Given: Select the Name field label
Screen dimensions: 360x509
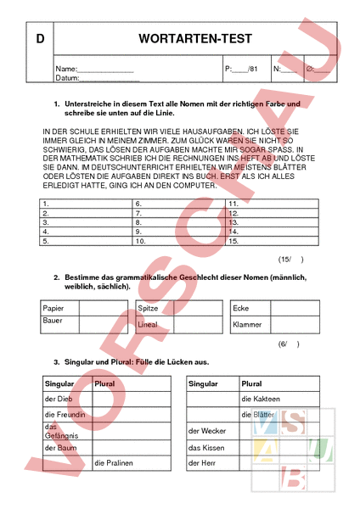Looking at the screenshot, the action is click(65, 68).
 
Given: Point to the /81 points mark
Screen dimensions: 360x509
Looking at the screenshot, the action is click(252, 68).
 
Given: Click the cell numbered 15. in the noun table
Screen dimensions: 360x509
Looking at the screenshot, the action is click(235, 241).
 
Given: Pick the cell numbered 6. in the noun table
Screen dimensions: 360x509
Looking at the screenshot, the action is click(138, 204).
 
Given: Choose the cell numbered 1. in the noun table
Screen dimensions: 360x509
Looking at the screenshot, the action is click(46, 204).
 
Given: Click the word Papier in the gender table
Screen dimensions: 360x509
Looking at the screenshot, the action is click(53, 308).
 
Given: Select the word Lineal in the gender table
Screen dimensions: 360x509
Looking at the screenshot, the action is click(148, 324).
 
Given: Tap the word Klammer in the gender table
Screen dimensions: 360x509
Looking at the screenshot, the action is click(247, 324).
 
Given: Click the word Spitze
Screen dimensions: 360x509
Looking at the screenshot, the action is click(148, 308).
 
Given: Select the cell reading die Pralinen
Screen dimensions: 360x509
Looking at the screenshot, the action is click(114, 462).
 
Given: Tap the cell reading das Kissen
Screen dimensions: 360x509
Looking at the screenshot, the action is click(206, 447).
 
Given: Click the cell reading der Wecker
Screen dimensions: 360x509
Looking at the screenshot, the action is click(206, 431).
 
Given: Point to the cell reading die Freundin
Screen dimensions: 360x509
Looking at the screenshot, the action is click(63, 414).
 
